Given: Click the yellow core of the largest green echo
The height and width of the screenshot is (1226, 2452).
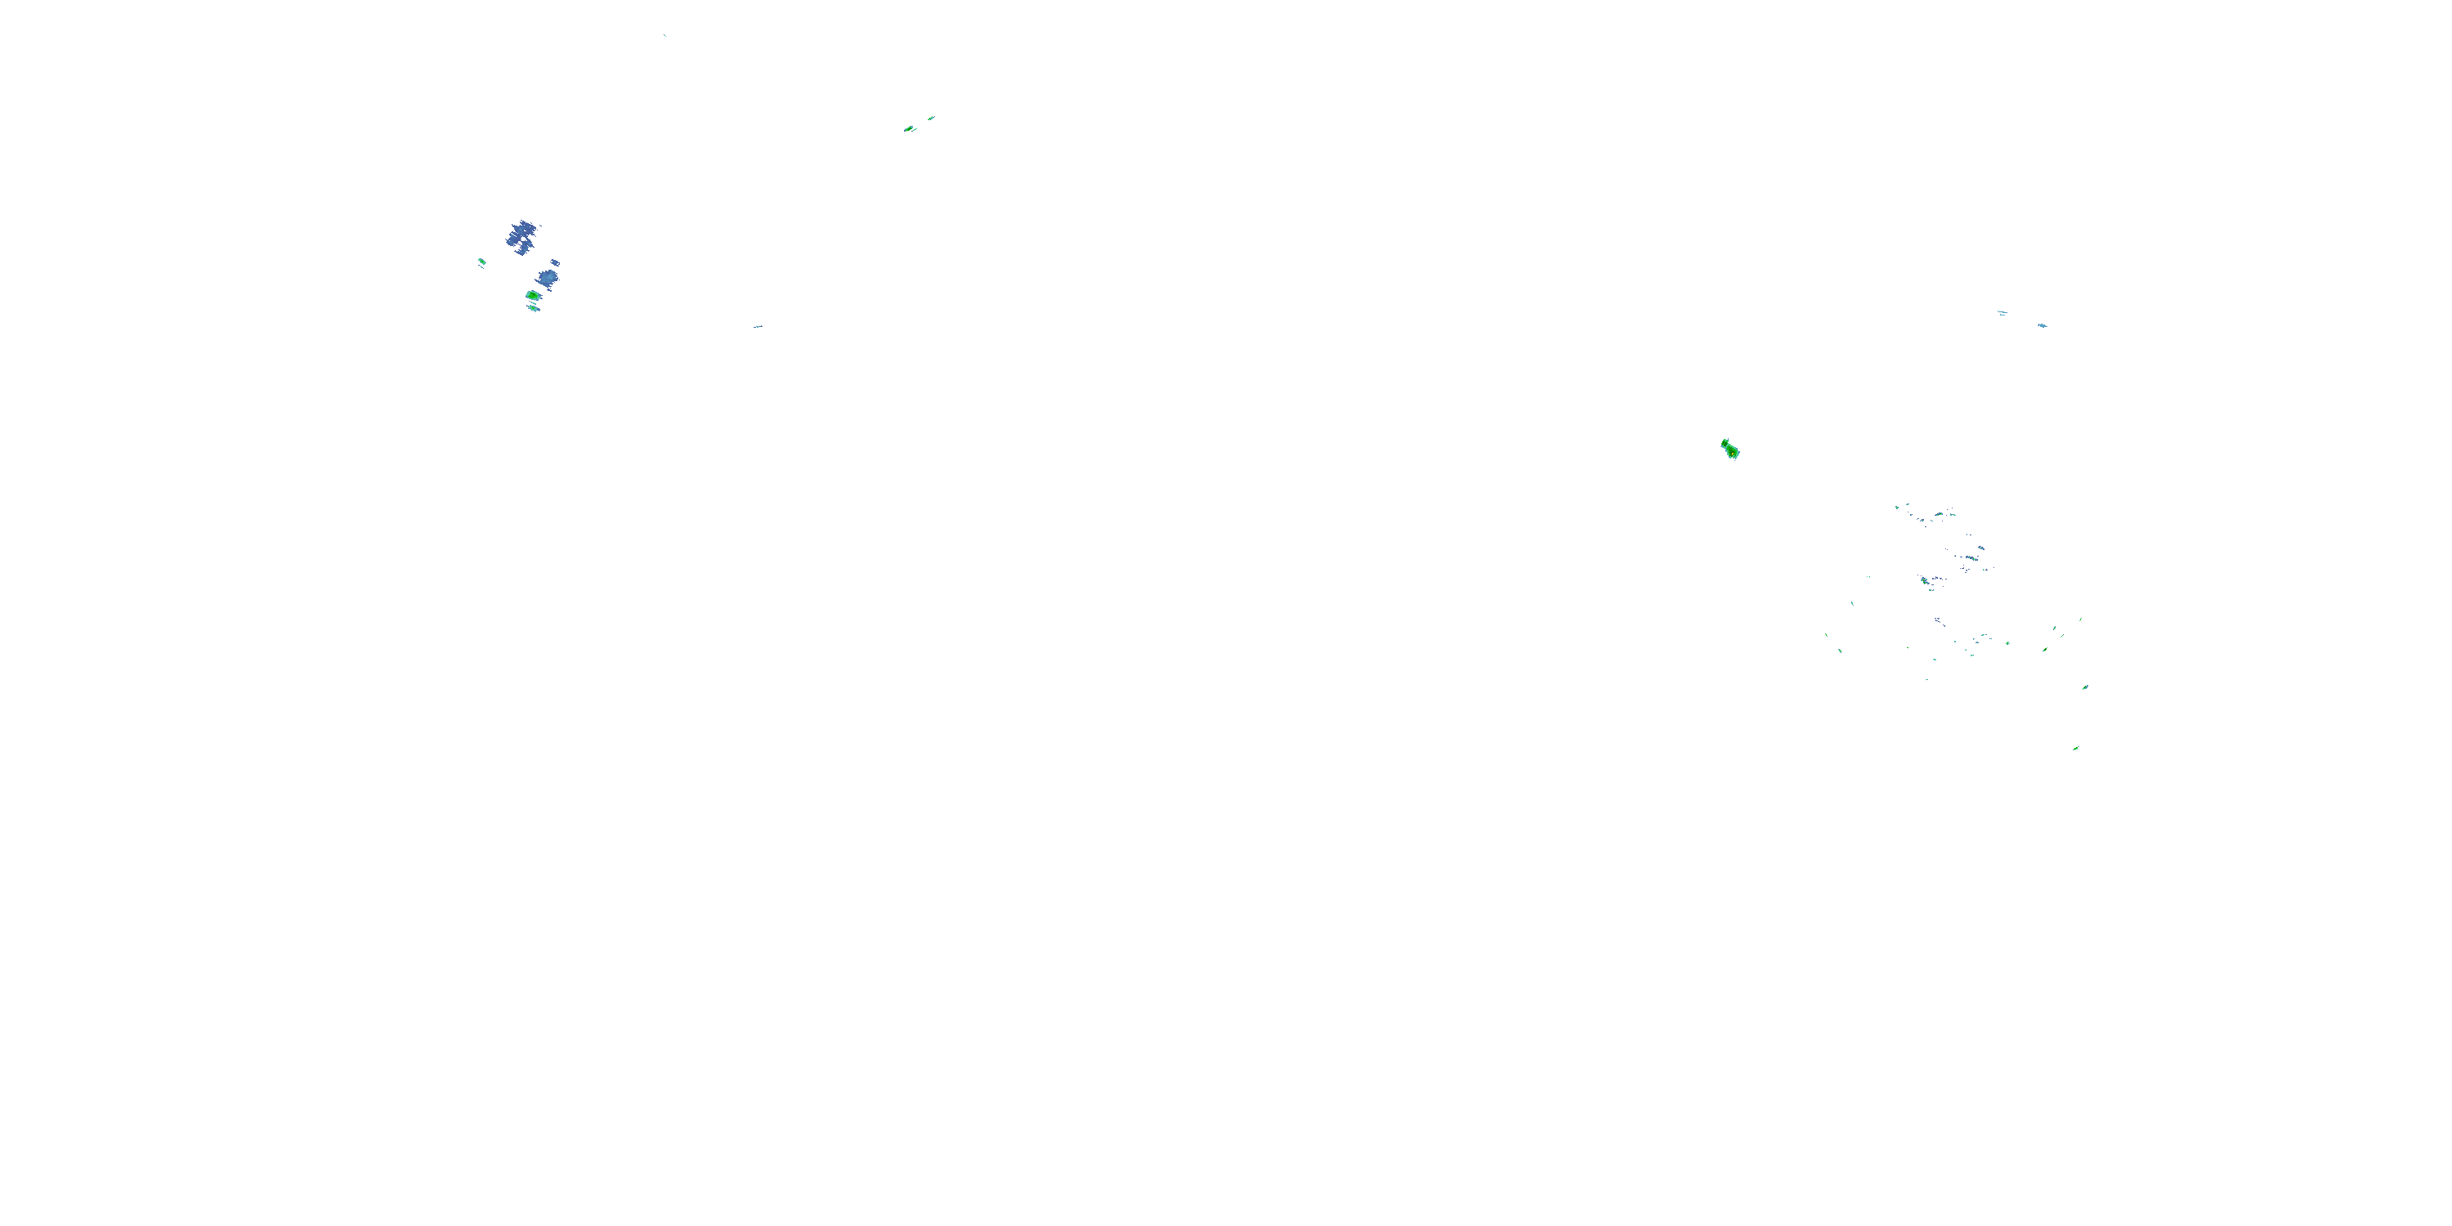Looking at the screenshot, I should pos(1730,450).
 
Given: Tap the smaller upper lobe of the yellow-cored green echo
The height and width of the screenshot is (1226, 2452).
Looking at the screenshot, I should pos(1725,443).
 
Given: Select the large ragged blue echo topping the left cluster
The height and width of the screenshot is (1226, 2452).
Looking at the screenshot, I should pos(521,235).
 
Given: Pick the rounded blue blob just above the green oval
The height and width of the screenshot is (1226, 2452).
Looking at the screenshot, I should pos(548,278).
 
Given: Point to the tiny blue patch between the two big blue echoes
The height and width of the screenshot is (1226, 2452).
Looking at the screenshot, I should pos(555,262).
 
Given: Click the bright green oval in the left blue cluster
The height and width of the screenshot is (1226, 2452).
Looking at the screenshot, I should pos(533,296).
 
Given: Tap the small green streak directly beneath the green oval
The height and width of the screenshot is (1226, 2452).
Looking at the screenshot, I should pos(534,308).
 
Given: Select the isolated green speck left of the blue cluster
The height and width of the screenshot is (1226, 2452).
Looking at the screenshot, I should pos(481,262).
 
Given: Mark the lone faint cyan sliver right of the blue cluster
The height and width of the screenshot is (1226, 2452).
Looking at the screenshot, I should pos(758,326).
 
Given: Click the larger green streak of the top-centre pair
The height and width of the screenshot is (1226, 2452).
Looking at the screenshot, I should pos(910,128).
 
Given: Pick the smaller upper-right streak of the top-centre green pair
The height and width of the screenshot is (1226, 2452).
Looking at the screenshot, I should pos(931,118).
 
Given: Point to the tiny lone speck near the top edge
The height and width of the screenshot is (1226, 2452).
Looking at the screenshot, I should pos(664,35).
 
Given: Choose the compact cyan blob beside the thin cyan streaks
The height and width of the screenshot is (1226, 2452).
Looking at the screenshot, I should pos(2042,325).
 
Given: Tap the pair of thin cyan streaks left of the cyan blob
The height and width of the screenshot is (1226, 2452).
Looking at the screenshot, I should pos(2002,312).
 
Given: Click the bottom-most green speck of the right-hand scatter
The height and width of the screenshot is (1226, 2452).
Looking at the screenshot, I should pos(2076,748).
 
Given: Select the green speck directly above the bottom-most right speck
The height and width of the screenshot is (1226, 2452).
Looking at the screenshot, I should pos(2084,687).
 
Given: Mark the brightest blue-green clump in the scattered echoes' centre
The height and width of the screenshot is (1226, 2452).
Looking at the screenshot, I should pos(1924,579).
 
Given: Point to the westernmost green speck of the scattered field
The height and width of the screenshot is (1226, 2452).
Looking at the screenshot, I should pos(1826,636).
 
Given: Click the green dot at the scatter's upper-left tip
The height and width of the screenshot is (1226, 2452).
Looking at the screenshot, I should pos(1896,507).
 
